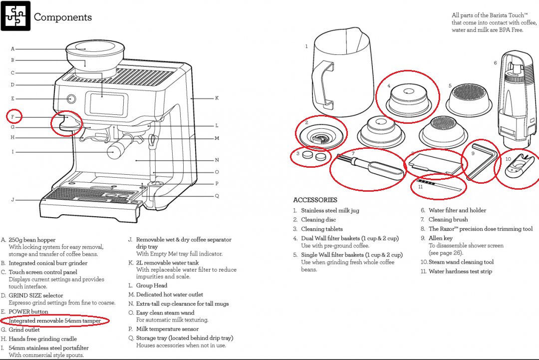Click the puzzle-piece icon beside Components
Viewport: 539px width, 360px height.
[x=15, y=16]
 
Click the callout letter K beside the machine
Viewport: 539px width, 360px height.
[x=217, y=98]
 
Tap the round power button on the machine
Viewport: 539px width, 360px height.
[x=71, y=98]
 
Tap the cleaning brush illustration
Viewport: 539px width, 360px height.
[x=369, y=168]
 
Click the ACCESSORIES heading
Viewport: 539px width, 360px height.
[x=315, y=200]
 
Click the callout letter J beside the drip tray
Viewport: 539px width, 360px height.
[x=12, y=200]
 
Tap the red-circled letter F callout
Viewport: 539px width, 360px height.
[x=13, y=117]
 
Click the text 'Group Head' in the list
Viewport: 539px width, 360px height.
[x=152, y=286]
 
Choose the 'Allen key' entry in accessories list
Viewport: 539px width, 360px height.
[x=440, y=238]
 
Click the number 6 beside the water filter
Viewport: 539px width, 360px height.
[x=495, y=63]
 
